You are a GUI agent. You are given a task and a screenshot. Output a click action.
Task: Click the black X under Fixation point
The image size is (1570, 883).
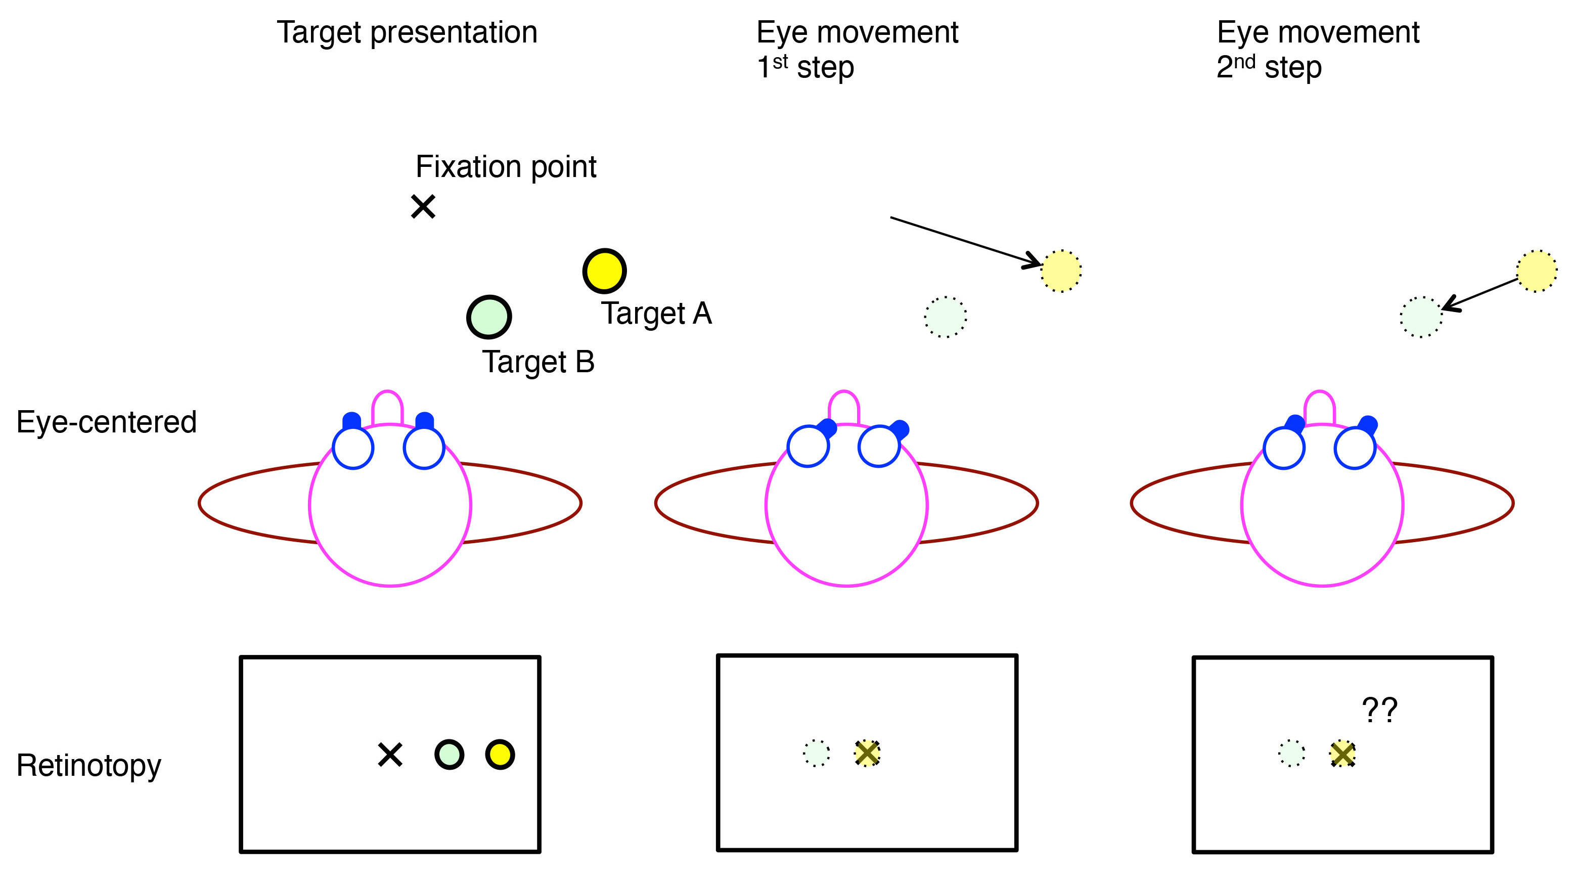tap(423, 206)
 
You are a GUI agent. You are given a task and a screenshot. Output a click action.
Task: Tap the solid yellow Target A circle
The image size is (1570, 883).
tap(604, 271)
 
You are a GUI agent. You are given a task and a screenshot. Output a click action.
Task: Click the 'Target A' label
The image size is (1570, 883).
tap(656, 314)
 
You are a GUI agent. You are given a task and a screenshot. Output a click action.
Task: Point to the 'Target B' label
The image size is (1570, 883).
tap(538, 362)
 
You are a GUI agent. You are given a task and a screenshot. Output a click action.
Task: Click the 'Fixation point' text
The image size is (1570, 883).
tap(506, 167)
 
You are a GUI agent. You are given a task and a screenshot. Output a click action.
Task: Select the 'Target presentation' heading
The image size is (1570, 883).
tap(407, 32)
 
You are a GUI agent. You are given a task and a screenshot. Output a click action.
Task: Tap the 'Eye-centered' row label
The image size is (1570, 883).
tap(107, 422)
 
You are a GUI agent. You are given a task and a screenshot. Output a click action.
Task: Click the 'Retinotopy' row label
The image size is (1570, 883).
tap(89, 765)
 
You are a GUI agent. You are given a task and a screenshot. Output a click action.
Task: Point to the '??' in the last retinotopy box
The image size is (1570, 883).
tap(1379, 711)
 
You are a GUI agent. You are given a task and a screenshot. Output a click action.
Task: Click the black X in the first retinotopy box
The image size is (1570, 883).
tap(390, 755)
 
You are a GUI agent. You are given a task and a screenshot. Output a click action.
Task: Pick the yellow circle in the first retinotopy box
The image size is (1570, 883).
tap(500, 755)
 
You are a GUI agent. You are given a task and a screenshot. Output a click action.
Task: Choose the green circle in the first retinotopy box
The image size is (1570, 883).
tap(449, 755)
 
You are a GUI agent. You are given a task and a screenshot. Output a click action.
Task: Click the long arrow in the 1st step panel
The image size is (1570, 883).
tap(965, 241)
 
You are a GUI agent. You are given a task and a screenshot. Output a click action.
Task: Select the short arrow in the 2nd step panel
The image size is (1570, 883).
tap(1481, 295)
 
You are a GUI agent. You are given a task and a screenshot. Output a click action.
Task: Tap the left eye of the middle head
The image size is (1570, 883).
tap(808, 446)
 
